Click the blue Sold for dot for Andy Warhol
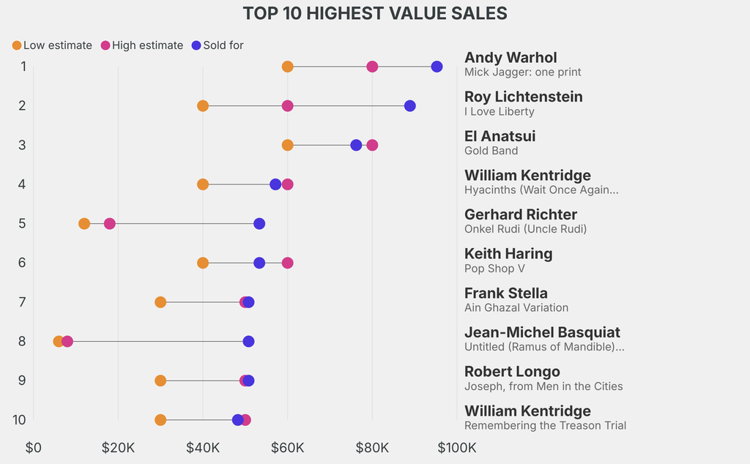coord(437,67)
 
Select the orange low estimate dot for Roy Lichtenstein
coord(203,106)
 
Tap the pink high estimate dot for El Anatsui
coord(372,145)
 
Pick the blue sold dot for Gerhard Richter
coord(259,223)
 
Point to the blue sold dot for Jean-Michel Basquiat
coord(248,341)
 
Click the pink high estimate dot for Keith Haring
coord(287,263)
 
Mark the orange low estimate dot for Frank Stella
coord(160,302)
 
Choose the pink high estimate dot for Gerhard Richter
coord(109,223)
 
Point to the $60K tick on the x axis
coord(287,447)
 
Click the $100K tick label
coord(457,447)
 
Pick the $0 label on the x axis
coord(34,447)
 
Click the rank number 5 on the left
coord(22,223)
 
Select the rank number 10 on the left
coord(20,419)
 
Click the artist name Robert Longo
coord(512,371)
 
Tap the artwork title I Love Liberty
coord(500,111)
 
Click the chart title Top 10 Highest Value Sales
coord(375,13)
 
